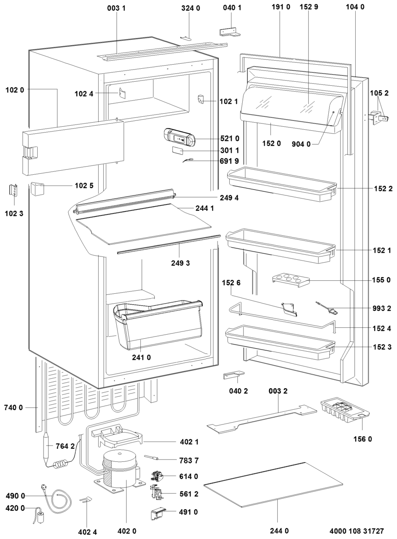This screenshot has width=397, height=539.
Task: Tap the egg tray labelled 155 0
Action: click(291, 279)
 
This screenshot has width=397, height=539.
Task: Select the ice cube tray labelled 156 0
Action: click(345, 411)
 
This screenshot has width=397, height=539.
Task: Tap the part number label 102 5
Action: click(84, 186)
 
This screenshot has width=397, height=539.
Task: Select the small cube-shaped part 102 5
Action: click(37, 189)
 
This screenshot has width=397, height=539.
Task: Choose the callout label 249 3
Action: click(180, 263)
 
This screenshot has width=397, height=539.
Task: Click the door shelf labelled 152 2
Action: click(282, 184)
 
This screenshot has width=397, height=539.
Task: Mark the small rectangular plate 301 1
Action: click(177, 150)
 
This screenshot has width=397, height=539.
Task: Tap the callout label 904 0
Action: click(301, 144)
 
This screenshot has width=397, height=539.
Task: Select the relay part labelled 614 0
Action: click(157, 477)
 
